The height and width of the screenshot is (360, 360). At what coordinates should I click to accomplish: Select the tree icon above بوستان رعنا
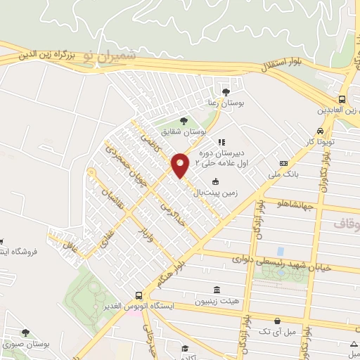point(225,91)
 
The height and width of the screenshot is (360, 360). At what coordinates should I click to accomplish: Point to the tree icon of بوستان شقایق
point(184,120)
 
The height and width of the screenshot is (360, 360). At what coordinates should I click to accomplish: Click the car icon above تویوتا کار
point(321,131)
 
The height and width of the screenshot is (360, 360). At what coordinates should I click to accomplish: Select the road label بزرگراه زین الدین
point(39,53)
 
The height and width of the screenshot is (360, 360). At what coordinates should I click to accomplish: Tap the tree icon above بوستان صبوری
point(25,333)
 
